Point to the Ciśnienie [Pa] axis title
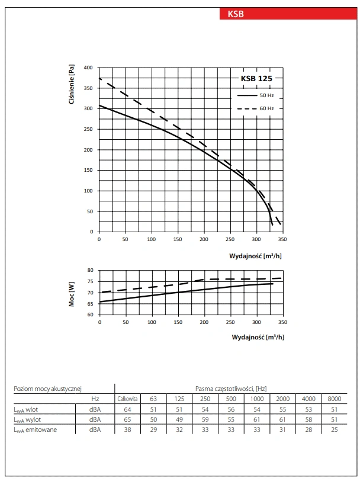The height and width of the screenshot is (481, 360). pyautogui.click(x=72, y=85)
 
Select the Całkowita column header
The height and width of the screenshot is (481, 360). pyautogui.click(x=127, y=398)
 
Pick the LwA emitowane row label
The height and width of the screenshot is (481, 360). pyautogui.click(x=36, y=429)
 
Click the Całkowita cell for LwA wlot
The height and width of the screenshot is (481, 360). pyautogui.click(x=127, y=409)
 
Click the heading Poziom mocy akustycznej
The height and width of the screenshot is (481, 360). pyautogui.click(x=47, y=388)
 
